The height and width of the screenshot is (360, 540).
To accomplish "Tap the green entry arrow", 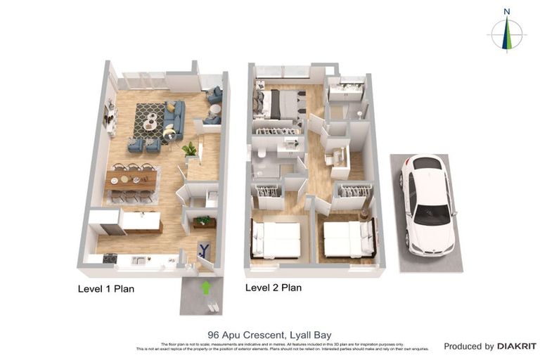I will tap(205, 287).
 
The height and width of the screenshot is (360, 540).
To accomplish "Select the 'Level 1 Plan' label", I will tap(105, 288).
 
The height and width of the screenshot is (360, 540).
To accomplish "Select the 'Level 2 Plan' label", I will tap(273, 287).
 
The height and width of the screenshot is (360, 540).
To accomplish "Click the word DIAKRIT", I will tap(516, 346).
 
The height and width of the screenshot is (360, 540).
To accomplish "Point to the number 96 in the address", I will tap(214, 335).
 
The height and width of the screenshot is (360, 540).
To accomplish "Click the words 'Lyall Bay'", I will tap(309, 335).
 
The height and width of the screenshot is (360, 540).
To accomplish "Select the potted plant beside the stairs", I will tap(189, 149).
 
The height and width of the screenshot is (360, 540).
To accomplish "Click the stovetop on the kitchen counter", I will tap(110, 258).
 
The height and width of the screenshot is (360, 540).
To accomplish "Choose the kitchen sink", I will tap(141, 260).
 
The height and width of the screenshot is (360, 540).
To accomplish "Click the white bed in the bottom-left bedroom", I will tap(276, 239).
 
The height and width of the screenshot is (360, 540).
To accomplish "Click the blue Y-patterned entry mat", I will tap(205, 249).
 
